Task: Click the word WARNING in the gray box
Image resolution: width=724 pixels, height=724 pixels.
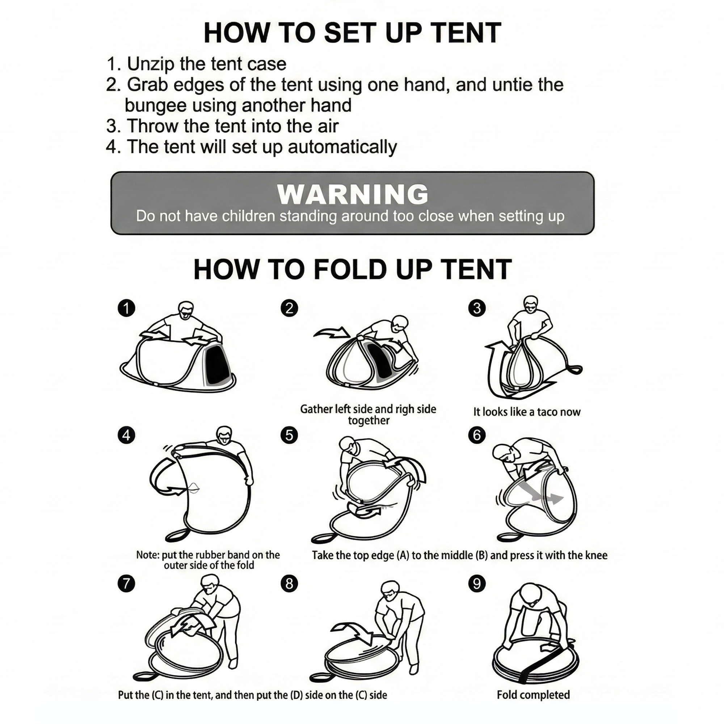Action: pyautogui.click(x=353, y=194)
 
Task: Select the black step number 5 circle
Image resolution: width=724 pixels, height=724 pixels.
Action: pyautogui.click(x=289, y=435)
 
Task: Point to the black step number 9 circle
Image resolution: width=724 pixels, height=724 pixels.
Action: pyautogui.click(x=477, y=584)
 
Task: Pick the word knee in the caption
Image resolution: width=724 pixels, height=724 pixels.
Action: pyautogui.click(x=595, y=555)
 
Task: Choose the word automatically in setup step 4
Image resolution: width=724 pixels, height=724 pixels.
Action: pyautogui.click(x=342, y=147)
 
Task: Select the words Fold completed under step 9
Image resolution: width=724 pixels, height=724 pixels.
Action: pyautogui.click(x=533, y=695)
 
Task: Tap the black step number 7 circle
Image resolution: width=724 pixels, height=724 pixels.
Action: pyautogui.click(x=126, y=584)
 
